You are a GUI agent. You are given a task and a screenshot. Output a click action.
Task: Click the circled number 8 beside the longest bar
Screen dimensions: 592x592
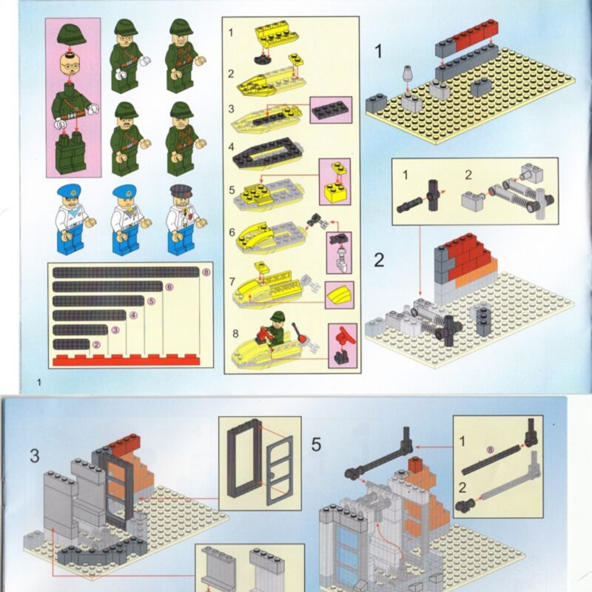(x=206, y=272)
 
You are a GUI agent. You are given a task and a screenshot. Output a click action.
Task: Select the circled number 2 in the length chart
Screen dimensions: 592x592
(x=96, y=344)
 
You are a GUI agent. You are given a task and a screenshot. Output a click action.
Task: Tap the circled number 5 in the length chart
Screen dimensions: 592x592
(x=151, y=301)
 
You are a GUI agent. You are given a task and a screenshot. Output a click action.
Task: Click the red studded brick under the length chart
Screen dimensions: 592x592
(x=126, y=360)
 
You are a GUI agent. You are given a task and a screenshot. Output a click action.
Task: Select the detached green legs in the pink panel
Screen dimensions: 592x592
(x=71, y=153)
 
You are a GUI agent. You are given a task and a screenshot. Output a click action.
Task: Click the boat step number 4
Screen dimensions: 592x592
(x=231, y=147)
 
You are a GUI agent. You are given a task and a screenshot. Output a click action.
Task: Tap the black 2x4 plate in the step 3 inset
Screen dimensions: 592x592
(x=331, y=110)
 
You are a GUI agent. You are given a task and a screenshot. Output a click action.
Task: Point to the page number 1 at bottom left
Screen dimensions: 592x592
(x=38, y=383)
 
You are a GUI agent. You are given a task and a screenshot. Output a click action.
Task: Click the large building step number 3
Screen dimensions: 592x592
(x=35, y=456)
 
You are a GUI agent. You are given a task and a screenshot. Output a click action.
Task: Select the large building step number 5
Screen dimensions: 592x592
(x=316, y=445)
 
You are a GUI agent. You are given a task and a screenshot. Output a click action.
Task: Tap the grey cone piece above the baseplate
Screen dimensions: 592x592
(x=408, y=73)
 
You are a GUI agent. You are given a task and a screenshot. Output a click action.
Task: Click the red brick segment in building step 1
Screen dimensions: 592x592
(x=477, y=34)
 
